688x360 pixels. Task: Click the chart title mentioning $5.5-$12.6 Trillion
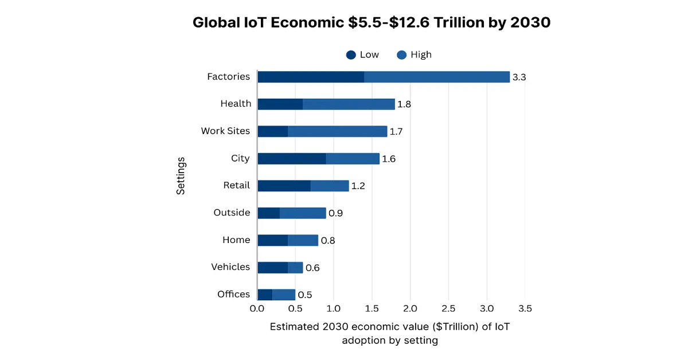(372, 22)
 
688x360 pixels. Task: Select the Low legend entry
(362, 55)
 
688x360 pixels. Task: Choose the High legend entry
(414, 55)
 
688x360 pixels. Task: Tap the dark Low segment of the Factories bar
(311, 77)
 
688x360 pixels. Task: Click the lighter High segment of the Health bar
(349, 104)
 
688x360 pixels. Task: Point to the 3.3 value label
(519, 77)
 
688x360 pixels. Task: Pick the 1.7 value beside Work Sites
(396, 132)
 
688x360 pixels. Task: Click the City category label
(240, 158)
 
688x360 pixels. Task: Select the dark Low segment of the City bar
(292, 159)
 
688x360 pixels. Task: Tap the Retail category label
(236, 185)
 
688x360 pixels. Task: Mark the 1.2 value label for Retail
(358, 186)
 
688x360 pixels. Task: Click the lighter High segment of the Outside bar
(303, 213)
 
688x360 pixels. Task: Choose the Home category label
(236, 240)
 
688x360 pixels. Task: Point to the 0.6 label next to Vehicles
(312, 268)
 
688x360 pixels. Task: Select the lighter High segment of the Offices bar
(284, 295)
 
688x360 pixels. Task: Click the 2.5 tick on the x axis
(448, 309)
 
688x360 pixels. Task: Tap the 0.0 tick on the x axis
(257, 309)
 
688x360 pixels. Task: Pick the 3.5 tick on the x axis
(525, 309)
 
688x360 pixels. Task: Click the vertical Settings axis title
(181, 177)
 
